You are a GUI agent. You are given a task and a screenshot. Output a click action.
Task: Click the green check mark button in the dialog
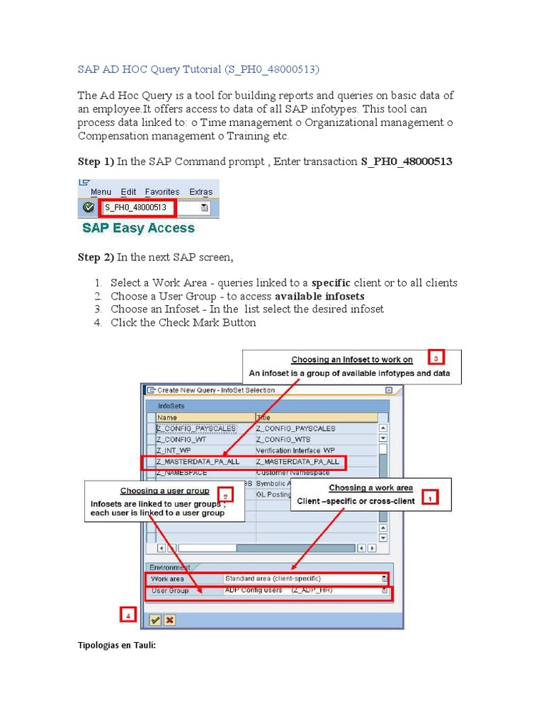point(154,620)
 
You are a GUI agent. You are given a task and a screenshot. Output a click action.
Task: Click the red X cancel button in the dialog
point(170,620)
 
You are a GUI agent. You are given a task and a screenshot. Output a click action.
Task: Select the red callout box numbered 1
point(429,498)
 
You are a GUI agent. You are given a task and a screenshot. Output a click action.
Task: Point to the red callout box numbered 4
point(127,616)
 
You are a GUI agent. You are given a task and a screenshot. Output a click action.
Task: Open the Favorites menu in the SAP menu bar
point(162,192)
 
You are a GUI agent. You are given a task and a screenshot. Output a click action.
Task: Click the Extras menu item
point(200,192)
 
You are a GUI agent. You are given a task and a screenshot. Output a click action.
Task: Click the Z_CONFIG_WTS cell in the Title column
point(283,439)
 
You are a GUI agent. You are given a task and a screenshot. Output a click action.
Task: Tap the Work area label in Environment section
point(167,578)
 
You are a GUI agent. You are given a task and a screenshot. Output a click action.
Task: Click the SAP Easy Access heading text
point(138,228)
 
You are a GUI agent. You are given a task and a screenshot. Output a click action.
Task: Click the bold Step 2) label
point(95,258)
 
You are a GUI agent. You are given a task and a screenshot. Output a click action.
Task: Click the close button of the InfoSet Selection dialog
point(389,390)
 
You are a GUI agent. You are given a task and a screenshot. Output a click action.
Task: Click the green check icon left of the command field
point(88,207)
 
